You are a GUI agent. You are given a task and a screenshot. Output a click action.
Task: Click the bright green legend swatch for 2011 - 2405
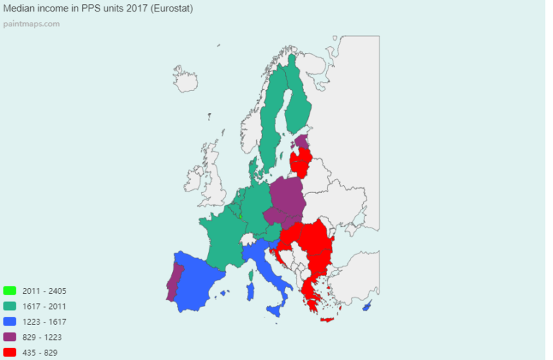[9, 291]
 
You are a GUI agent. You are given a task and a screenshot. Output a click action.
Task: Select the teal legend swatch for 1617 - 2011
[9, 306]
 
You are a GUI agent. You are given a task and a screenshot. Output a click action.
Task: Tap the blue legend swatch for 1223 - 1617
[9, 322]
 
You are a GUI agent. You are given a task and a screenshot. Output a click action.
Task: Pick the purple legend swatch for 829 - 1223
[9, 337]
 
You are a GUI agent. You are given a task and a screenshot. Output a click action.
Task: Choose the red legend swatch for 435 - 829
[9, 352]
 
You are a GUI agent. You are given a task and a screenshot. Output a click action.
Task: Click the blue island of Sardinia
[251, 292]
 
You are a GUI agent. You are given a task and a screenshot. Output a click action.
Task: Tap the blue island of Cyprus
[367, 306]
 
